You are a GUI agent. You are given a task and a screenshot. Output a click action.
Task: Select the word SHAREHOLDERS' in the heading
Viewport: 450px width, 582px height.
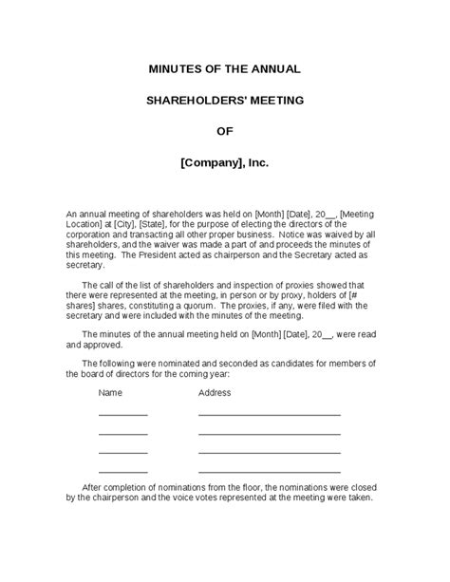pyautogui.click(x=195, y=100)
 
